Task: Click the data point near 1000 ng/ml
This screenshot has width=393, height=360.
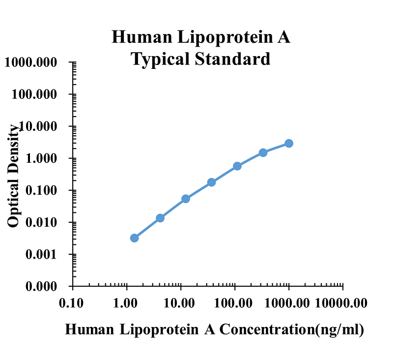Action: click(x=289, y=143)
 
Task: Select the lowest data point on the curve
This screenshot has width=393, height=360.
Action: click(x=134, y=238)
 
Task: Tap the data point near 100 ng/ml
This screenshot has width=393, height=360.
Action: click(x=237, y=166)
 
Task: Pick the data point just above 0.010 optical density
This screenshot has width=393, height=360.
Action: click(x=160, y=218)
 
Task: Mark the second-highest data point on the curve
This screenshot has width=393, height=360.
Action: click(x=263, y=152)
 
